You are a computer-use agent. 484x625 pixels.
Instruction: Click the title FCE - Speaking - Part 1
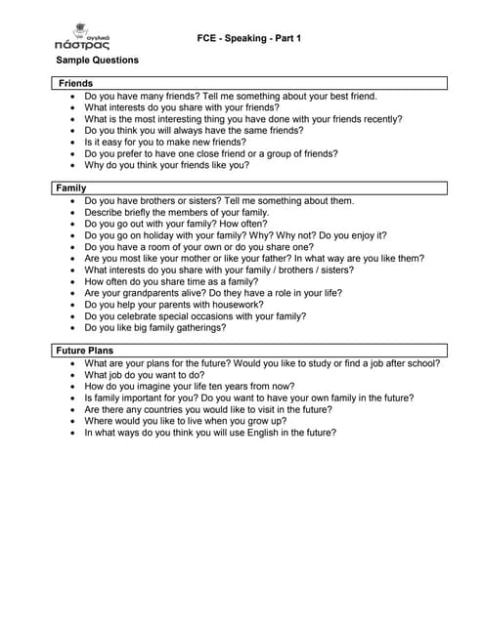coord(248,37)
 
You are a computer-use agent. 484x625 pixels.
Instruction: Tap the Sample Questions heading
coord(97,61)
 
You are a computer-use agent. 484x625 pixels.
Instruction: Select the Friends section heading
coord(76,84)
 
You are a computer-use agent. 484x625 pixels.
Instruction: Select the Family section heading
coord(71,187)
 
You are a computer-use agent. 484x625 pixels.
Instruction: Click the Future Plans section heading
coord(84,350)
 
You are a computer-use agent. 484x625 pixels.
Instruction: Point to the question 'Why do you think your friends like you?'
coord(180,165)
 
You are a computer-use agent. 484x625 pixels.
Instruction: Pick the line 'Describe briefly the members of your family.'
coord(190,212)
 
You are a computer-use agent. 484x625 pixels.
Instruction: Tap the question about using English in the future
coord(210,433)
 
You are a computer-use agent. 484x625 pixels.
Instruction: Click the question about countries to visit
coord(207,409)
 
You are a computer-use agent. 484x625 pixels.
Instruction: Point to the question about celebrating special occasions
coord(195,315)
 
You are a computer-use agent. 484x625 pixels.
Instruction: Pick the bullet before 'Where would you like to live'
coord(74,421)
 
